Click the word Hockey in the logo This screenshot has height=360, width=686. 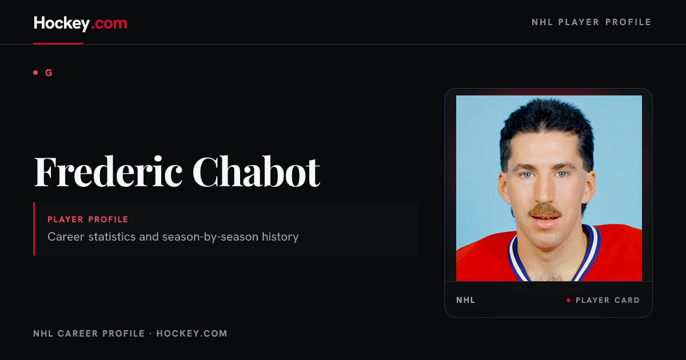(62, 23)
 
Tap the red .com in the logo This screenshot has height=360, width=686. (109, 24)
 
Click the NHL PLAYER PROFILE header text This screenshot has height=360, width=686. (591, 22)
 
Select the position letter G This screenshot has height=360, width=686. (49, 73)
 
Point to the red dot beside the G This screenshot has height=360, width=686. (35, 73)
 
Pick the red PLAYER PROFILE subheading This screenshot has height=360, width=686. (88, 219)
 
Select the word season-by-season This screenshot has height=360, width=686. (210, 237)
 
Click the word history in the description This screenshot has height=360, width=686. (280, 237)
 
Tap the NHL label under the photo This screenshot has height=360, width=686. (465, 300)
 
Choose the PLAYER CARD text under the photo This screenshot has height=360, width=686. (608, 301)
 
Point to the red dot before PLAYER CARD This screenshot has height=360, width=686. (568, 301)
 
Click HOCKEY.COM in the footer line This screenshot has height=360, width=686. (192, 333)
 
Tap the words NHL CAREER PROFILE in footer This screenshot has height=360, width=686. (89, 333)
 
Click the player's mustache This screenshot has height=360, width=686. (545, 211)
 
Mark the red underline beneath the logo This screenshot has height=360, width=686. (58, 43)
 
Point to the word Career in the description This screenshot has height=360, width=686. (66, 237)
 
